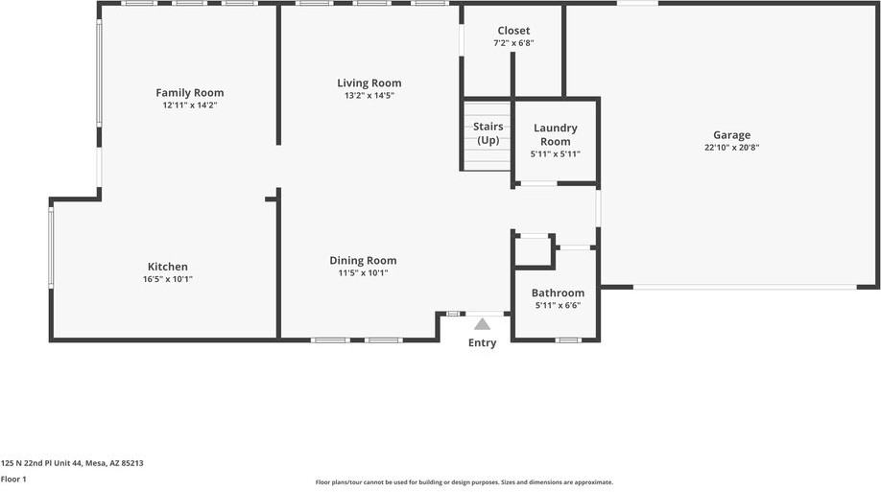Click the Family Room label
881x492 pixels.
[x=190, y=93]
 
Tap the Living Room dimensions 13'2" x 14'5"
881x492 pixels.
[x=369, y=96]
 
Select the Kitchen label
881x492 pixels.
[x=168, y=267]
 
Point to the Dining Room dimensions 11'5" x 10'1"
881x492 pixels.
[x=363, y=273]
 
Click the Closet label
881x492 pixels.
[x=513, y=31]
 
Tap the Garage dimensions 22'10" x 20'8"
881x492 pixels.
[x=731, y=148]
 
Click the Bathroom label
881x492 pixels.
[x=558, y=293]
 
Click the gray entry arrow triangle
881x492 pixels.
[x=482, y=324]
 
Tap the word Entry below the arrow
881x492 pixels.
[x=482, y=343]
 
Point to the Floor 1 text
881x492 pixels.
[x=13, y=479]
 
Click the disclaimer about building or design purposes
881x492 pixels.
[x=464, y=482]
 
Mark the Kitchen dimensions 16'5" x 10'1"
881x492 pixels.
[x=168, y=279]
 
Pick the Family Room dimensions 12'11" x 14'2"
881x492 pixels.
[x=190, y=105]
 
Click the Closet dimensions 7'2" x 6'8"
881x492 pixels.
[x=513, y=43]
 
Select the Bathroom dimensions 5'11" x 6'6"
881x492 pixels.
[x=558, y=305]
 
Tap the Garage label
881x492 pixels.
[x=731, y=135]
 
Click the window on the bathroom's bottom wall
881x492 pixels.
[x=567, y=340]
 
